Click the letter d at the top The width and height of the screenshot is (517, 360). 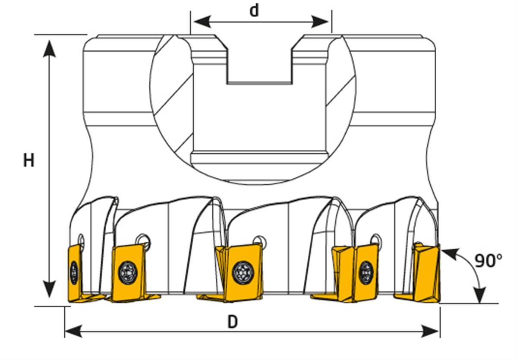coord(254,10)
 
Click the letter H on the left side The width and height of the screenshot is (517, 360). coord(28,161)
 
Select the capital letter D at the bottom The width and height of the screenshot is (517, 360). coord(233,322)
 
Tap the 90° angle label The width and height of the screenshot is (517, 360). coord(489,260)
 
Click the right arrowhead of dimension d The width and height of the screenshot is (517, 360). coord(320,22)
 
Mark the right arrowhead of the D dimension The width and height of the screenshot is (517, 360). coord(431,331)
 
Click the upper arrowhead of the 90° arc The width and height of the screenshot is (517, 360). coord(450,254)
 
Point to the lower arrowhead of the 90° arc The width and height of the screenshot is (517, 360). coord(480,294)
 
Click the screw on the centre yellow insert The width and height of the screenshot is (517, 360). coord(243,272)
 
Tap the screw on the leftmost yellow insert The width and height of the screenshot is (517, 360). coord(74,272)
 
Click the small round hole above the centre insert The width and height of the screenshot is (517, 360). coord(259,241)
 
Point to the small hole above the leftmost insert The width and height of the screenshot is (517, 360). coord(81,240)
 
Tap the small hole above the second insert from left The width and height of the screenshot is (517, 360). coord(143,240)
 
